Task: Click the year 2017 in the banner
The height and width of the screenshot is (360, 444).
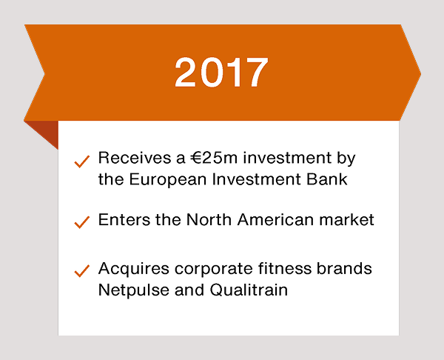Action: (221, 72)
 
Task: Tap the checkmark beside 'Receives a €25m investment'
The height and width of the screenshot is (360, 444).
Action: (82, 162)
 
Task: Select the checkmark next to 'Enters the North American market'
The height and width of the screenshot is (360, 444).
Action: (82, 222)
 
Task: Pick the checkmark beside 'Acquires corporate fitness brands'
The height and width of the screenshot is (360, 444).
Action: (82, 270)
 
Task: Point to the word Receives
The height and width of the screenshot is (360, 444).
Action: (135, 158)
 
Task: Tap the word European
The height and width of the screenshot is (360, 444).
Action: (168, 179)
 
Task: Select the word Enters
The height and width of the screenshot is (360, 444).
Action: (124, 220)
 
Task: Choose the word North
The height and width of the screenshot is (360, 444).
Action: (209, 220)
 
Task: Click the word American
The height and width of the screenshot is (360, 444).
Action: (275, 220)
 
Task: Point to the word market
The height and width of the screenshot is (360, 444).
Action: (346, 220)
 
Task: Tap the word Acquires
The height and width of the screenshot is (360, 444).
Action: (134, 268)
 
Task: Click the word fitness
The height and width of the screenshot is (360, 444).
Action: (285, 268)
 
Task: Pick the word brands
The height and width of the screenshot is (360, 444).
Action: (344, 268)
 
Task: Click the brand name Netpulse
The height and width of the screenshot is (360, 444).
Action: (133, 290)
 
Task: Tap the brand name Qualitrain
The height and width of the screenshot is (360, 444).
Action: (249, 290)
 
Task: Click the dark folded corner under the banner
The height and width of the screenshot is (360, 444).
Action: (47, 131)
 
